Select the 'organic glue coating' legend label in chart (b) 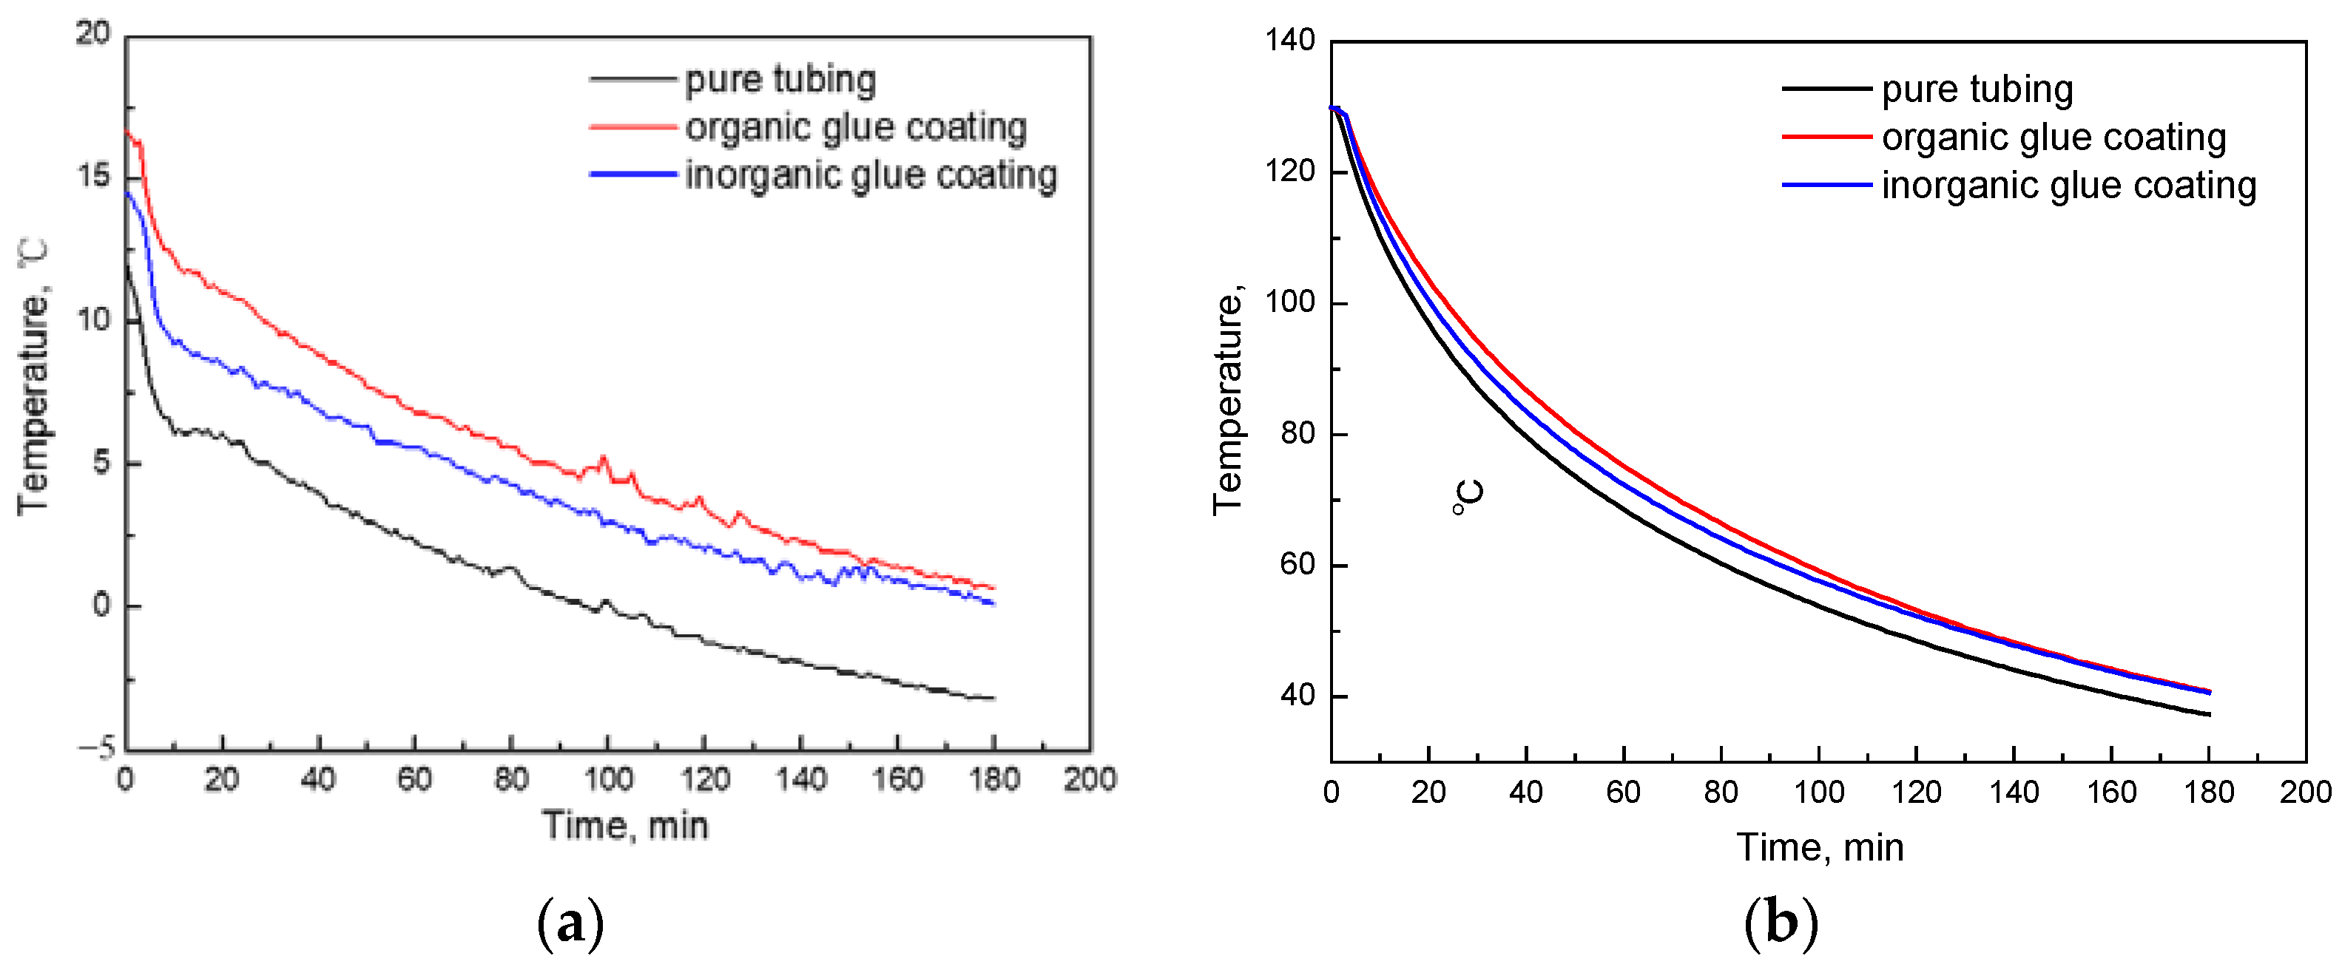2053,138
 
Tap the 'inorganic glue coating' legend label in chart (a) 870,174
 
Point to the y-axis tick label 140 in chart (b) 1289,40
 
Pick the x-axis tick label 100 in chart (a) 607,779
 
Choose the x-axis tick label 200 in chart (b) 2305,792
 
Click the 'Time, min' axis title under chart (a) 626,825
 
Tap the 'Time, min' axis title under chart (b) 1820,847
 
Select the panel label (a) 571,924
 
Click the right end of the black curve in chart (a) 993,698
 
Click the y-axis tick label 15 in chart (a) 94,176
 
